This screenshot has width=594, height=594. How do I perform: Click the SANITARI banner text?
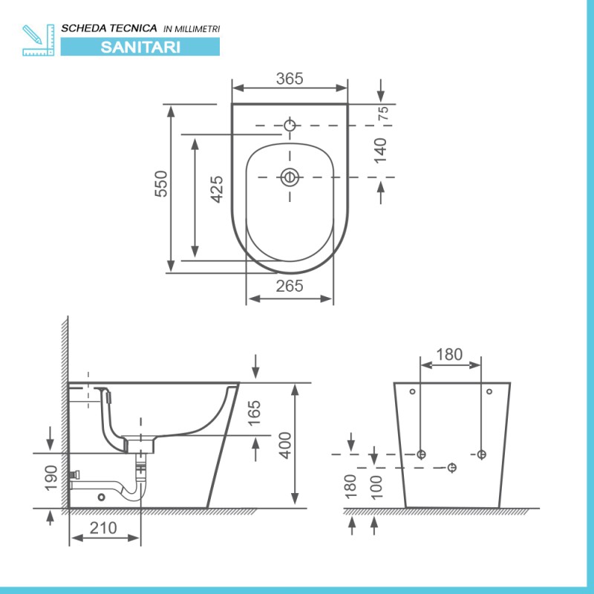[x=140, y=46]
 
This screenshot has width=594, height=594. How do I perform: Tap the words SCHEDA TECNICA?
[x=109, y=27]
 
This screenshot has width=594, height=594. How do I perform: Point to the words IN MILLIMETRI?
[x=192, y=28]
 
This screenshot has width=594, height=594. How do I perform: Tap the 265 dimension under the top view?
[x=290, y=286]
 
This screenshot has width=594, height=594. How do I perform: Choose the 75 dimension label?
[x=384, y=114]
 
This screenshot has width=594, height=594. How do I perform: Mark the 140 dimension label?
[x=380, y=151]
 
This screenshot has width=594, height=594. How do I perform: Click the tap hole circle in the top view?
[x=290, y=125]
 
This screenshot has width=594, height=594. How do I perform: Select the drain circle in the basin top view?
[x=290, y=177]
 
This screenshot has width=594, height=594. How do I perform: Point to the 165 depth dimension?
[x=255, y=414]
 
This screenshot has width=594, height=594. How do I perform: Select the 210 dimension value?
[x=105, y=529]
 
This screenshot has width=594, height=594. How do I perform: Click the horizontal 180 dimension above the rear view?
[x=450, y=354]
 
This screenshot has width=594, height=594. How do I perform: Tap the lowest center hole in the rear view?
[x=451, y=466]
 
